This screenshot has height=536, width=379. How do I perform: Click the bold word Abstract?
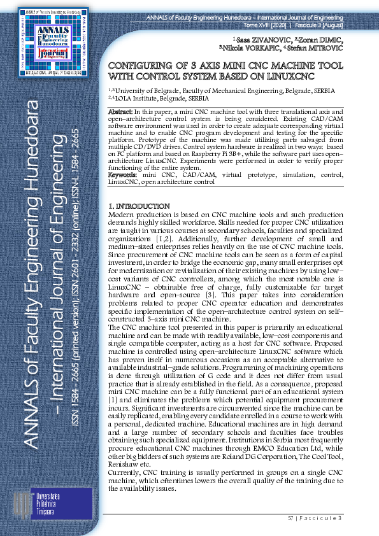(x=122, y=112)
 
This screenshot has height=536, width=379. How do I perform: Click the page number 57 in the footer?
(x=290, y=519)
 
